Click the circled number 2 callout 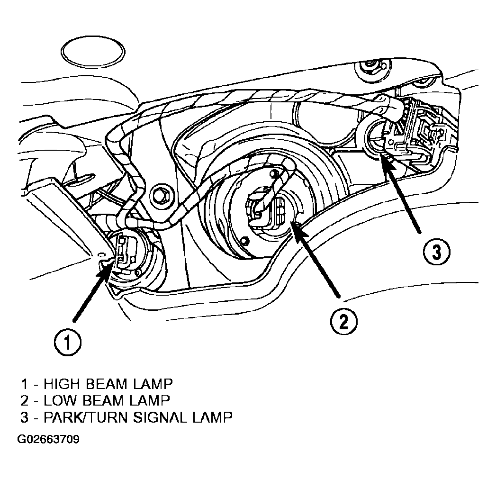tap(343, 322)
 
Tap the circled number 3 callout tap(436, 252)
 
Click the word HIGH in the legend tap(61, 384)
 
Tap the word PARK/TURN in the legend tap(85, 417)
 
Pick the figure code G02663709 tap(48, 439)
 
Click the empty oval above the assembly tap(93, 52)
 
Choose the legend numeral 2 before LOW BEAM tap(24, 400)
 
